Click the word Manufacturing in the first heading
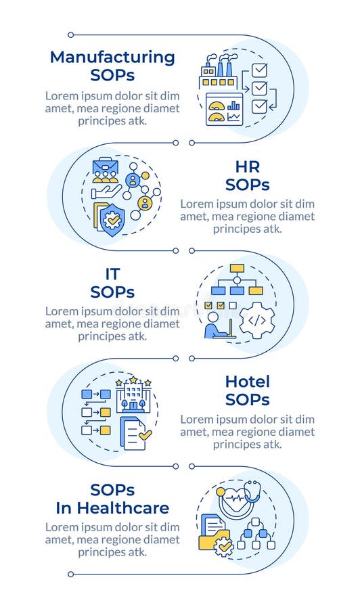(x=112, y=57)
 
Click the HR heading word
(x=248, y=166)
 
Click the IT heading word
(x=112, y=273)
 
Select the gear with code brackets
(x=257, y=321)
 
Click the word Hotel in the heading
(x=248, y=382)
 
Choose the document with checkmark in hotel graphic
(x=135, y=432)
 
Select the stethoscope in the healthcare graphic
(x=252, y=492)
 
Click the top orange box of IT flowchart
(x=237, y=268)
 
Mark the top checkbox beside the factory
(x=259, y=70)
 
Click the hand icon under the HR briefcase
(x=106, y=192)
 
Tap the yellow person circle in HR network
(x=144, y=202)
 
